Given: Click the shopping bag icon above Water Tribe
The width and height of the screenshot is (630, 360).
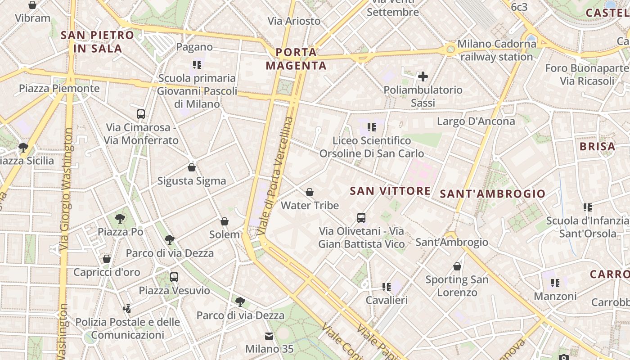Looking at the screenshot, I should [x=310, y=193].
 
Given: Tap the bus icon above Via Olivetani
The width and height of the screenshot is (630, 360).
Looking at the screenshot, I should [x=361, y=218].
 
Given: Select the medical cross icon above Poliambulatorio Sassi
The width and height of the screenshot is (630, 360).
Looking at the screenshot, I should [x=423, y=76].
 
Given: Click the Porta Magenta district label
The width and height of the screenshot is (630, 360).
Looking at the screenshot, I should [x=296, y=59].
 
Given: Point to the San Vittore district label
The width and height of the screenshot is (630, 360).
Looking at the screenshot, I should [x=390, y=191].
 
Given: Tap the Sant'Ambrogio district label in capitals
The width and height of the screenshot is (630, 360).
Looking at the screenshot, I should [x=492, y=194].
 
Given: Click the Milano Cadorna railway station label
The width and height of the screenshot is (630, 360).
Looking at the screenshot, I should [x=497, y=50].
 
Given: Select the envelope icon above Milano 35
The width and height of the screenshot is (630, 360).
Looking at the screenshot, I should [x=269, y=336].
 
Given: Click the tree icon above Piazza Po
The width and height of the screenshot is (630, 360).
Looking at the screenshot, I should [x=120, y=219].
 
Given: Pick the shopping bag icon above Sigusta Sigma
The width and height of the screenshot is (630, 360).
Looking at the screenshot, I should [x=192, y=168].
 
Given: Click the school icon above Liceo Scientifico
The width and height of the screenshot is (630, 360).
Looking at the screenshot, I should [x=372, y=127].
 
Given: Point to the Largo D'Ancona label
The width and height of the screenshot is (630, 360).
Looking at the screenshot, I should [x=476, y=121].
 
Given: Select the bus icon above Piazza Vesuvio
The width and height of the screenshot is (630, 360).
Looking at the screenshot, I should [x=174, y=277].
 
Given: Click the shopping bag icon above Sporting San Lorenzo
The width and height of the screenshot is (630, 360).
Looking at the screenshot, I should [x=457, y=266].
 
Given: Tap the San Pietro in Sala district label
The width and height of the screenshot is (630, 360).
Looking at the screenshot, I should [x=97, y=41].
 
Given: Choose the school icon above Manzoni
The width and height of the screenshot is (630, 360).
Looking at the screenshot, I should [x=555, y=283].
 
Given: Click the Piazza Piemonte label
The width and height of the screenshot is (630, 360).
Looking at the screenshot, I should [x=59, y=88].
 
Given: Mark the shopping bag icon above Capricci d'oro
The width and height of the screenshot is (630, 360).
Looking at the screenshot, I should [x=107, y=259].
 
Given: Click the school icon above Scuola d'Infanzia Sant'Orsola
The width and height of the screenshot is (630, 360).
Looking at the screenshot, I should [x=587, y=207].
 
